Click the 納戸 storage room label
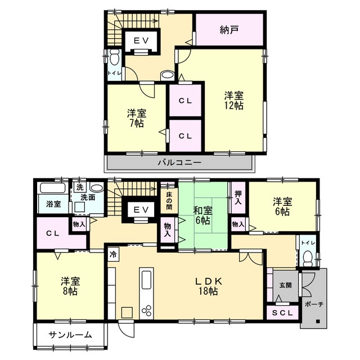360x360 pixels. click(x=229, y=30)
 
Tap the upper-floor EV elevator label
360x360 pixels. click(x=141, y=40)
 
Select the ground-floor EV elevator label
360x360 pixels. click(x=141, y=210)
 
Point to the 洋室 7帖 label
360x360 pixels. click(x=136, y=117)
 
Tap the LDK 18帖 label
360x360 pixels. click(x=206, y=286)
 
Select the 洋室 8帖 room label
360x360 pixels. click(x=69, y=285)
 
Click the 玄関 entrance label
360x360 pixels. click(x=285, y=285)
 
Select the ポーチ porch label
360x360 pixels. click(x=313, y=304)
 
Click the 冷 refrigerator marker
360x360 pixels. click(x=113, y=254)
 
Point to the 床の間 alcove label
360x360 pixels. click(x=168, y=199)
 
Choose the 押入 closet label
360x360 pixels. click(x=238, y=196)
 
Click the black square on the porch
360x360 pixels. click(x=318, y=322)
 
